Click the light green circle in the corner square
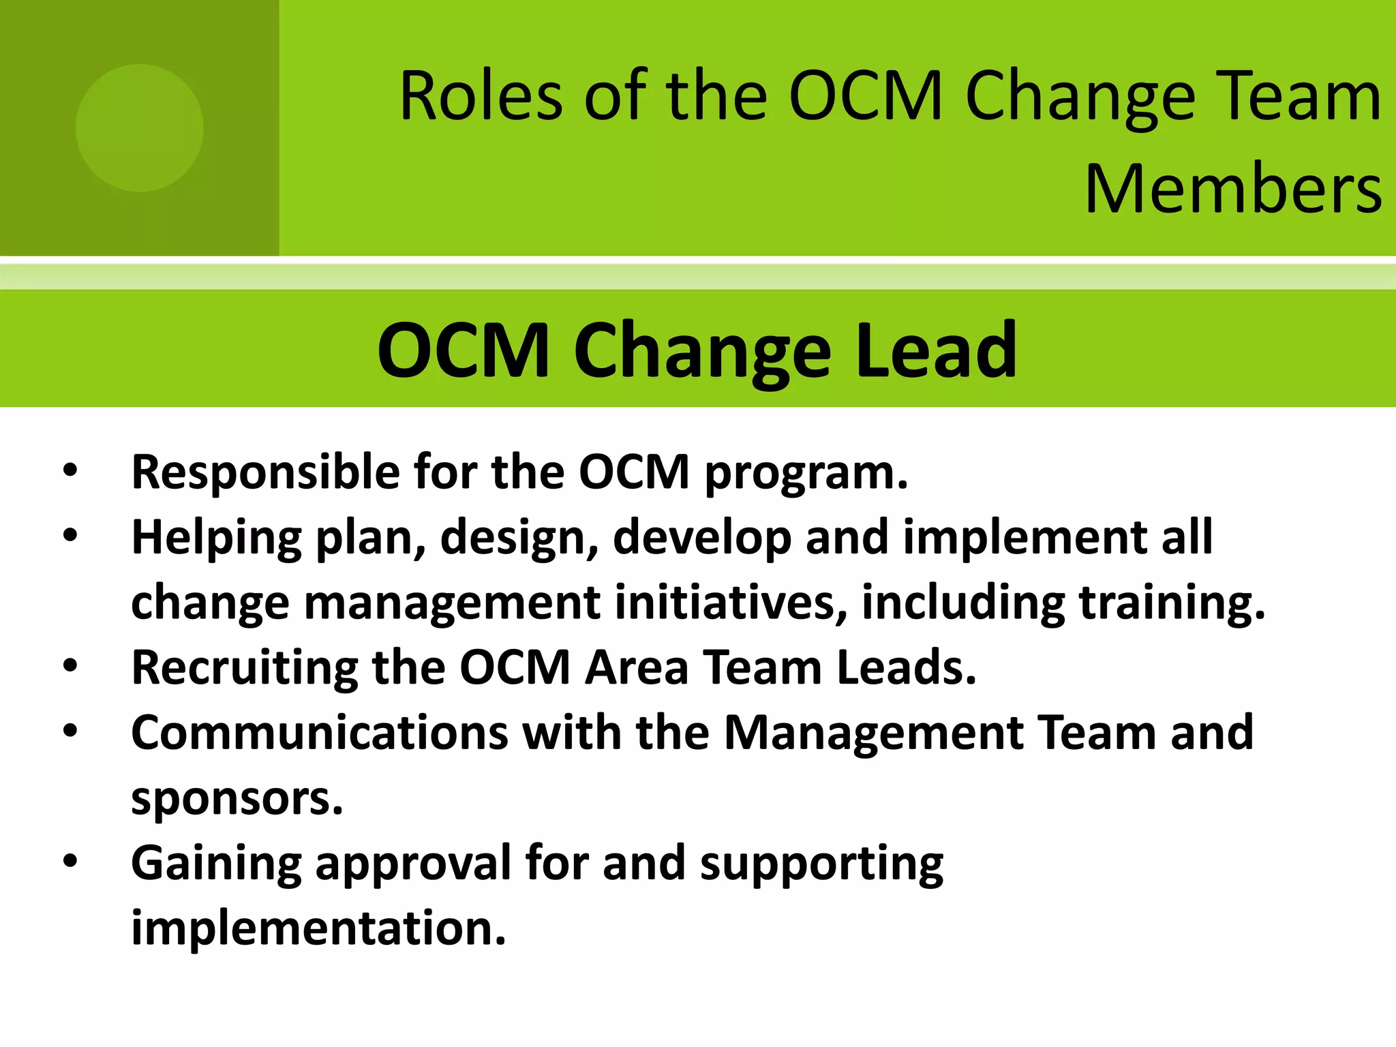pyautogui.click(x=139, y=128)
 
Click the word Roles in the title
pyautogui.click(x=481, y=97)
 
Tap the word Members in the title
pyautogui.click(x=1233, y=189)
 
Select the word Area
pyautogui.click(x=637, y=667)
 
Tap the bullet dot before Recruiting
pyautogui.click(x=70, y=666)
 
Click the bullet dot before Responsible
pyautogui.click(x=70, y=470)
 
